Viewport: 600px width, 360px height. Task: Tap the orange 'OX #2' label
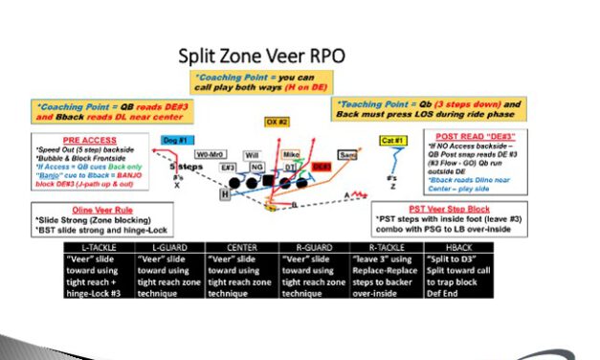tap(278, 122)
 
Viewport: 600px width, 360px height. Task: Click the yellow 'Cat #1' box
tap(392, 141)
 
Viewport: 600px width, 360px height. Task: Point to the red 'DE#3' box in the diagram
tap(322, 166)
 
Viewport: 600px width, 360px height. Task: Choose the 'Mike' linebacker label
tap(291, 153)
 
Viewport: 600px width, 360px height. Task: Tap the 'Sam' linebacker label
tap(348, 153)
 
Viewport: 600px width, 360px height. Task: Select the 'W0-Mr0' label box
tap(211, 154)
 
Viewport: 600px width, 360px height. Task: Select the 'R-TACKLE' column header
tap(394, 247)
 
